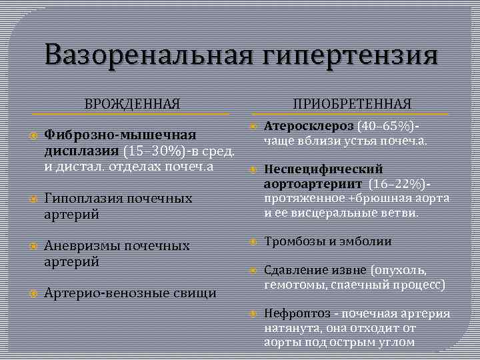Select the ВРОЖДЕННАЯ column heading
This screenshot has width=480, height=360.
[x=132, y=104]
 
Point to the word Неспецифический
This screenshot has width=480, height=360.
[x=323, y=169]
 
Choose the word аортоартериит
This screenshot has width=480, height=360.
[x=313, y=184]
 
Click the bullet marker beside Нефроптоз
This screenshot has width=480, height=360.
[x=253, y=313]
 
